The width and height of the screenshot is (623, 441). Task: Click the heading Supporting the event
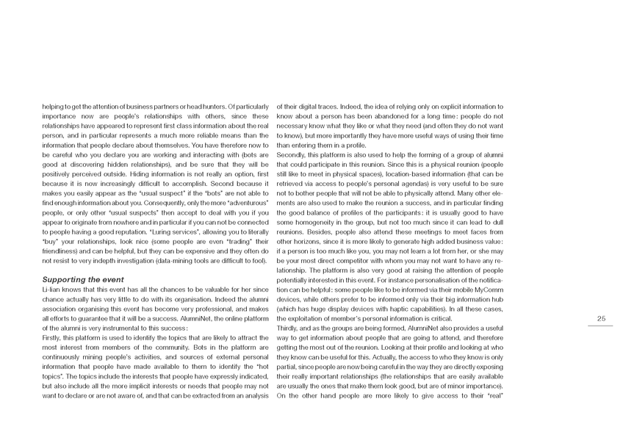[79, 280]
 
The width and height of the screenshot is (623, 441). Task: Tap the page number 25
[600, 318]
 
